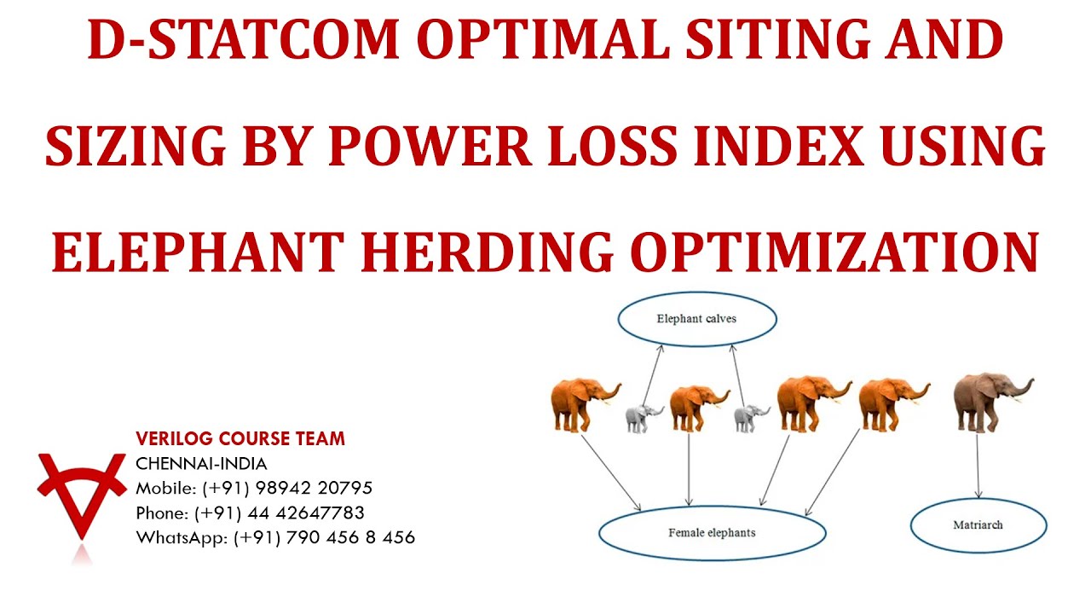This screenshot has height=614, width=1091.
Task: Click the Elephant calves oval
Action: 696,319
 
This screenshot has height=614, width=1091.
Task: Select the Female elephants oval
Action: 712,532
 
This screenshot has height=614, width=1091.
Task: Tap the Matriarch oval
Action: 978,524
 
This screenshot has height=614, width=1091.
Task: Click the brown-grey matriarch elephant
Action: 989,401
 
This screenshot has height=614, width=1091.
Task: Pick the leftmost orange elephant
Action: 581,403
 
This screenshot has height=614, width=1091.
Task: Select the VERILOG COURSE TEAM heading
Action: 240,439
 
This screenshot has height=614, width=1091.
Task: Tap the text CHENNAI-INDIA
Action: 201,464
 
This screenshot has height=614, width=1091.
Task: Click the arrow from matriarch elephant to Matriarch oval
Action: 978,465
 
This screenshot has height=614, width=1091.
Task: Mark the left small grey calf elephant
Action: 643,418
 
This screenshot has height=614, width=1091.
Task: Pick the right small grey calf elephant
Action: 750,418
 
